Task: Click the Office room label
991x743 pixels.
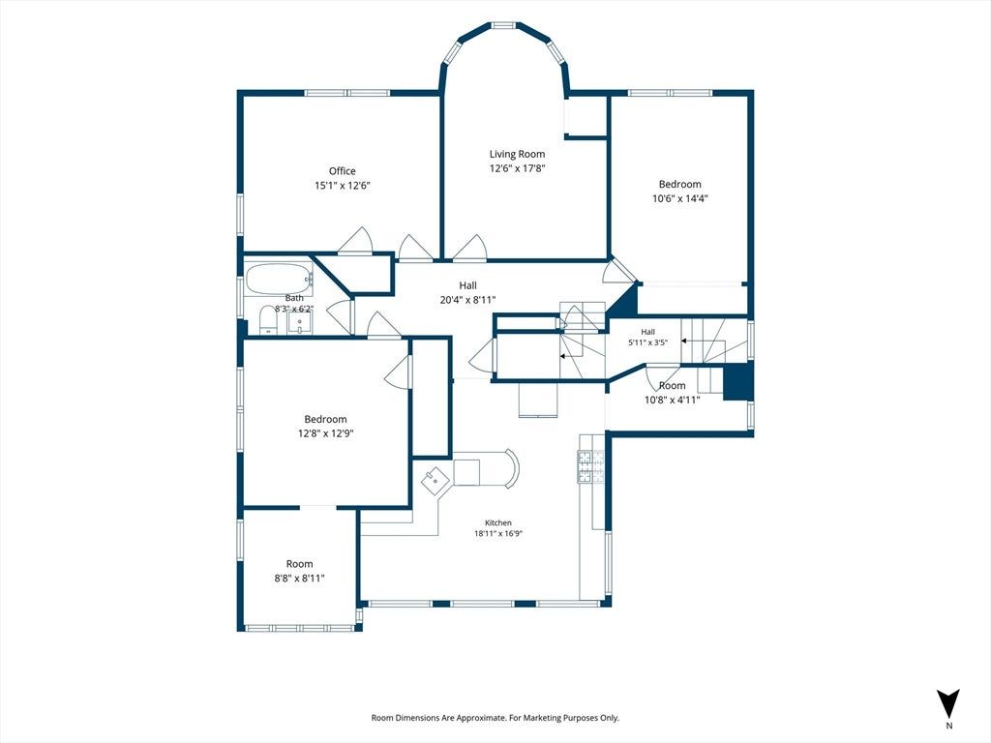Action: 342,170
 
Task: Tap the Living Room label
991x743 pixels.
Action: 517,154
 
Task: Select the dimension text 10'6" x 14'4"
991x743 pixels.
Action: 680,198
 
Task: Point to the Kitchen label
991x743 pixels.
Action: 498,522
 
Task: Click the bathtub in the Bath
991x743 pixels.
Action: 279,279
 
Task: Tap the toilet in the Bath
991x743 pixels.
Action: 267,320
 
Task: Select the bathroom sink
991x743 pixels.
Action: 299,323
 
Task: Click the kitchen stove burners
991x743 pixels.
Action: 591,467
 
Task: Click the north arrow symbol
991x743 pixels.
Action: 948,703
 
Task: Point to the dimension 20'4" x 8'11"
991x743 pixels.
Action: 467,300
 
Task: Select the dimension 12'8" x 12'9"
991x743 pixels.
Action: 325,433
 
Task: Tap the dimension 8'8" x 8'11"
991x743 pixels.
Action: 300,578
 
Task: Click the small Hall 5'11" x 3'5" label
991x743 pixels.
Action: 647,337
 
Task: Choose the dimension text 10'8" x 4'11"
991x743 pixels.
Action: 673,400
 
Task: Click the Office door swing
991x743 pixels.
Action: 356,241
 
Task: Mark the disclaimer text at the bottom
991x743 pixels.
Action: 495,718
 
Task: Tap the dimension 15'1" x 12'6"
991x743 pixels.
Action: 342,186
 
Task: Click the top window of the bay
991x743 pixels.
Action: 503,26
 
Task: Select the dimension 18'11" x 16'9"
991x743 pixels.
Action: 498,533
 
